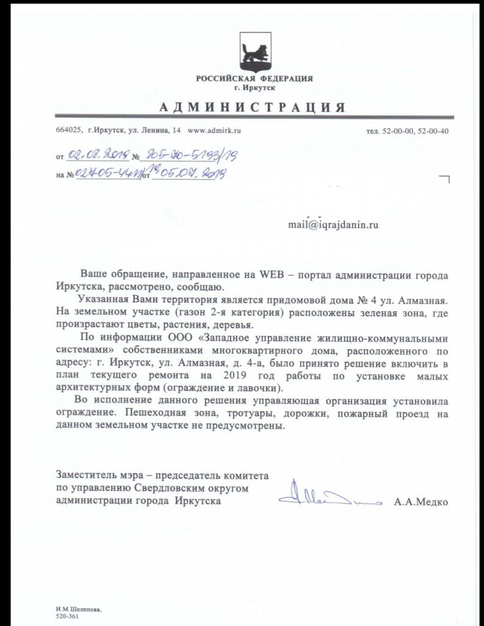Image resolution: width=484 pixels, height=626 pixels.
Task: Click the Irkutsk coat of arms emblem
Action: [x=254, y=52]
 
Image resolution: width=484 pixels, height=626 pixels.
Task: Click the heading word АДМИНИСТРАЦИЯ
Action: [x=254, y=107]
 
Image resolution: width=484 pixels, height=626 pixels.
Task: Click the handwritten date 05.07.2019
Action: [x=189, y=174]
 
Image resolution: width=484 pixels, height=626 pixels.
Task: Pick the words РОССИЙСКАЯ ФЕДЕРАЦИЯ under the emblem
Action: [x=254, y=79]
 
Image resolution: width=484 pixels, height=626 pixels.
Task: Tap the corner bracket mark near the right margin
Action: [x=444, y=179]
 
